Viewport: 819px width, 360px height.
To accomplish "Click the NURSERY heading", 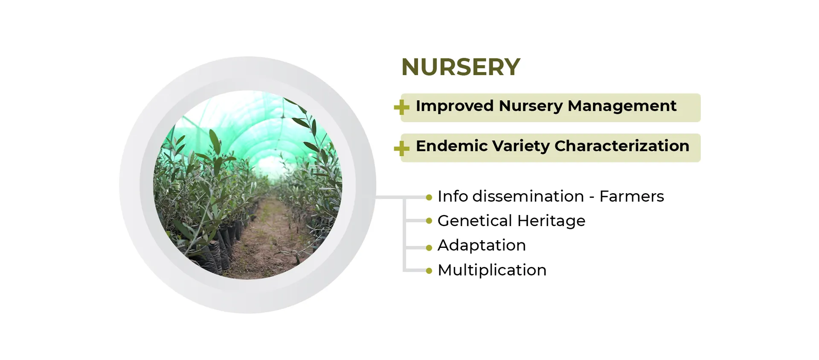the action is tap(461, 67).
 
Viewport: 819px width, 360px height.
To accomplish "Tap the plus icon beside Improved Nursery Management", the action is tap(401, 107).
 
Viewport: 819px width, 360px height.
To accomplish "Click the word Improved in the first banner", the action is tap(455, 106).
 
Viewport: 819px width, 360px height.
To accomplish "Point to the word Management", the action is tap(622, 106).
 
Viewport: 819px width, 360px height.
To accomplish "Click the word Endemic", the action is tap(452, 146).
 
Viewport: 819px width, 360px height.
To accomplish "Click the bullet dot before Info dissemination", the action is tap(429, 197).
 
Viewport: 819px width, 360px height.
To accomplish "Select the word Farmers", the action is tap(632, 197).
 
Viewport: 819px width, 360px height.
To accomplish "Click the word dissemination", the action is tap(528, 197).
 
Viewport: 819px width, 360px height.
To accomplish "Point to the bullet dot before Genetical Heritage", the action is tap(429, 221).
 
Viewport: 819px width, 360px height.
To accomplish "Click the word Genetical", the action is tap(475, 221).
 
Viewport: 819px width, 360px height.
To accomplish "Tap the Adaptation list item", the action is tap(482, 246).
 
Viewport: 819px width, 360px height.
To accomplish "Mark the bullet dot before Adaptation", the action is tap(429, 248).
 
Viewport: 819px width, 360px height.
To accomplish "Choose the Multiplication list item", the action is tap(492, 270).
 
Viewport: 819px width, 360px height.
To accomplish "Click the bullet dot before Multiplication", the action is tap(429, 271).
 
